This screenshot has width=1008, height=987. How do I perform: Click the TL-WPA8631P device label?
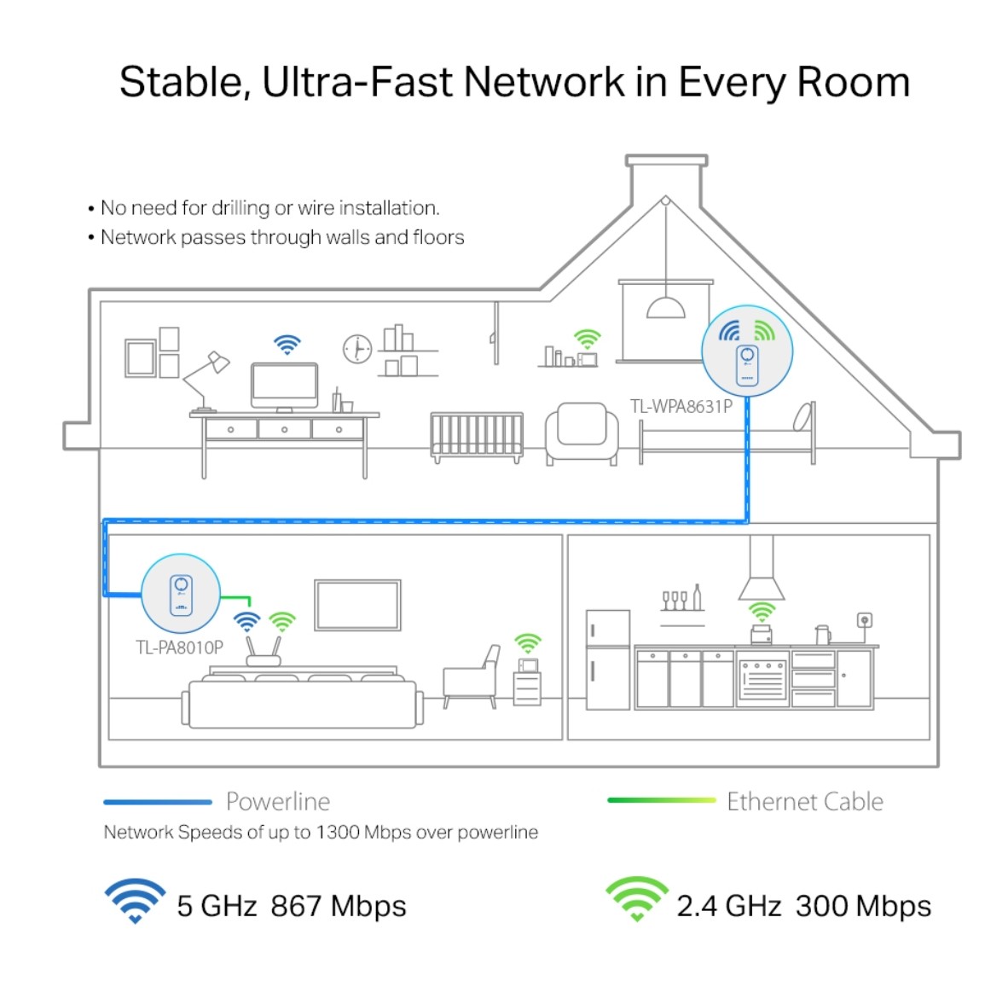click(x=681, y=406)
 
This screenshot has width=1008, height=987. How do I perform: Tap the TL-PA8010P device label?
click(x=179, y=647)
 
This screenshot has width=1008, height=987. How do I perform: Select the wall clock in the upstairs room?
click(x=356, y=350)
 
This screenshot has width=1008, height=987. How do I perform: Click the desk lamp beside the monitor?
click(x=207, y=380)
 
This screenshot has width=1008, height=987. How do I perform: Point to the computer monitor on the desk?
click(x=284, y=387)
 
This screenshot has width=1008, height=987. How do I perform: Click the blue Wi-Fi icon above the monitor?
click(x=287, y=345)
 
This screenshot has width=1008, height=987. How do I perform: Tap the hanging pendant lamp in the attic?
click(x=665, y=306)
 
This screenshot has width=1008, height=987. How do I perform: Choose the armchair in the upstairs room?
click(x=582, y=433)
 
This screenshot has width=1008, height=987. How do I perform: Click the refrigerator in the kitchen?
click(x=607, y=659)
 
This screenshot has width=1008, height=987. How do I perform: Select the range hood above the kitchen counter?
click(x=762, y=568)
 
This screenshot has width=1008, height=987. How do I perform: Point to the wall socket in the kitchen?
click(x=865, y=620)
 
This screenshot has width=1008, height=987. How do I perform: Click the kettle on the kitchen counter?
click(x=822, y=635)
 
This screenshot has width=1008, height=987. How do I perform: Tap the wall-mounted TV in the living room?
click(x=357, y=605)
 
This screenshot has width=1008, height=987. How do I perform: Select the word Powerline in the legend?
click(x=278, y=801)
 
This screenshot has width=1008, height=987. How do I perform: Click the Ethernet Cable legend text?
click(x=805, y=801)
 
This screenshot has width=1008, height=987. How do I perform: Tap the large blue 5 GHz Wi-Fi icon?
click(x=135, y=900)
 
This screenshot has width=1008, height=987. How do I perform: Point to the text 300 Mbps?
click(x=863, y=906)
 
